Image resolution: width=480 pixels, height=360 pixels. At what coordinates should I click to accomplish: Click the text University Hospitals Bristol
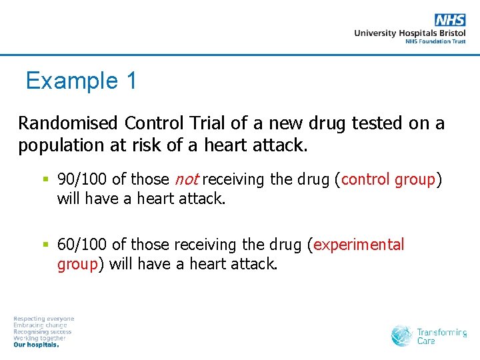tap(409, 33)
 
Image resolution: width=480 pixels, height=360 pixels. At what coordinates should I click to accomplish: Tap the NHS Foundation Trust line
tap(435, 41)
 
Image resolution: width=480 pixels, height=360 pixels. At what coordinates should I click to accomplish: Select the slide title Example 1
tap(81, 81)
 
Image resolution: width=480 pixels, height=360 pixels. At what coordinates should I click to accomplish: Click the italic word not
tap(186, 179)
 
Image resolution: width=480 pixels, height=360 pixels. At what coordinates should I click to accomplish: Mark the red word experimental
tap(359, 245)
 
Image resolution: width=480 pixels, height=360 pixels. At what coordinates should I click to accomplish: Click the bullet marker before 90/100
tap(45, 179)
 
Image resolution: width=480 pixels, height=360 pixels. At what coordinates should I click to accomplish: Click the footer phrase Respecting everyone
tap(44, 319)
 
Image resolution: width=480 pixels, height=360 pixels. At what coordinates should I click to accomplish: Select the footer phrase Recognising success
tap(43, 332)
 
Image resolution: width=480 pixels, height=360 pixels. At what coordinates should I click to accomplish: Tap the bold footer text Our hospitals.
tap(36, 345)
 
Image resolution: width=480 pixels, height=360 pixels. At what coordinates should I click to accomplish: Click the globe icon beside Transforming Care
tap(402, 335)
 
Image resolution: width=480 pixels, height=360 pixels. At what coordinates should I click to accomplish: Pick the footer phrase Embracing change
tap(40, 325)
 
